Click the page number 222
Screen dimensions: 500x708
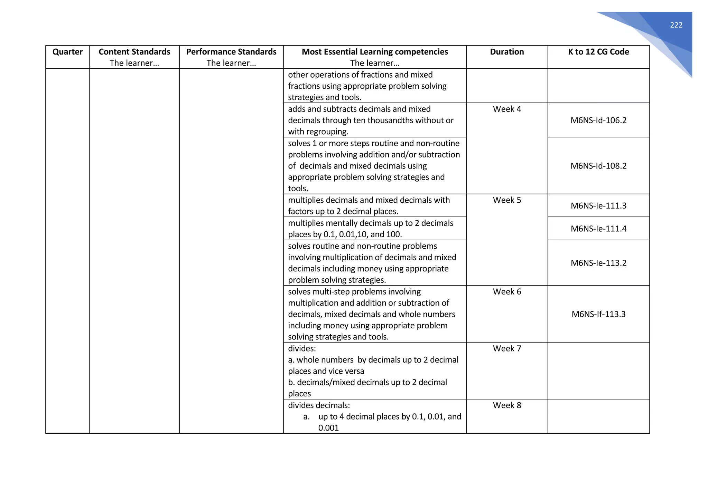(x=676, y=25)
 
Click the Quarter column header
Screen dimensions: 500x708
(x=67, y=52)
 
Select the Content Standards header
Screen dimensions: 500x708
(x=134, y=52)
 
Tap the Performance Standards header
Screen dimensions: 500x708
(x=231, y=52)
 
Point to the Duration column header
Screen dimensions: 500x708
(x=506, y=52)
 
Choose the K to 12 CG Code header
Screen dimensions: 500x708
(x=598, y=52)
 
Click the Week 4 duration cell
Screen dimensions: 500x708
(x=506, y=109)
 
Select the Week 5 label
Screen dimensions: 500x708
(x=506, y=200)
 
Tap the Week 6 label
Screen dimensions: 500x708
(x=506, y=292)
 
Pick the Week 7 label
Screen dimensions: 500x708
(x=506, y=349)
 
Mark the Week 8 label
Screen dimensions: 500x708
(x=506, y=405)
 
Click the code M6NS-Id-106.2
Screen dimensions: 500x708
(x=598, y=120)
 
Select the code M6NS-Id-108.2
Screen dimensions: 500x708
(x=598, y=166)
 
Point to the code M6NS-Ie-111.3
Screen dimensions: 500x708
(x=598, y=206)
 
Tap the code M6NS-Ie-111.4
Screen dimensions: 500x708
(x=598, y=229)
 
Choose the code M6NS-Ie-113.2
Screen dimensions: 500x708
(x=598, y=263)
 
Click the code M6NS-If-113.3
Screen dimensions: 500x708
(x=598, y=314)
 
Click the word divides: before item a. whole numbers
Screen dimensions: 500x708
(x=302, y=349)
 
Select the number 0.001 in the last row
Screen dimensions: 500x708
(x=328, y=428)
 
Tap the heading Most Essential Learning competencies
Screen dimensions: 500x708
(x=374, y=52)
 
